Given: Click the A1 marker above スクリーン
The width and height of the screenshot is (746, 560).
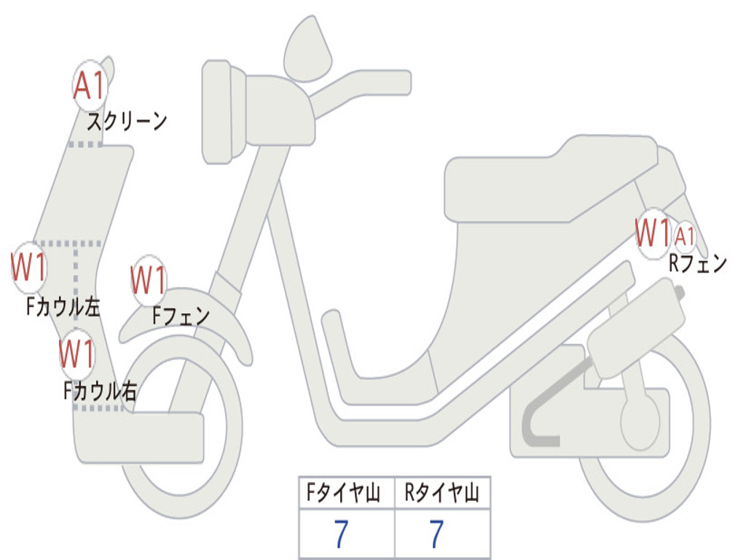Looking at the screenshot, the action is [90, 86].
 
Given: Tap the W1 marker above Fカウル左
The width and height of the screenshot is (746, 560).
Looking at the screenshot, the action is [29, 268].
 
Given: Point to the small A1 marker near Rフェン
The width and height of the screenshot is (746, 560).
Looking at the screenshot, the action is [685, 236].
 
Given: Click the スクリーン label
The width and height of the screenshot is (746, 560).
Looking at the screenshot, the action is [127, 121].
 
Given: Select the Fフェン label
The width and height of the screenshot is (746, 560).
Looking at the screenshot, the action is [181, 316].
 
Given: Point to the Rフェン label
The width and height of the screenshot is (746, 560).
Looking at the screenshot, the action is [698, 264].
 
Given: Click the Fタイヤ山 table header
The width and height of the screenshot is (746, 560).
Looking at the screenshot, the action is [346, 494].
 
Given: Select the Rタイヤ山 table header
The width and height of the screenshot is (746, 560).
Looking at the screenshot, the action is [442, 494].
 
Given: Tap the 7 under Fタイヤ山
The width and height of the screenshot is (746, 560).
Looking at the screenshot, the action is [340, 534].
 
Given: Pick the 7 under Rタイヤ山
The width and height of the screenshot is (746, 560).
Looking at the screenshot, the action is [436, 534].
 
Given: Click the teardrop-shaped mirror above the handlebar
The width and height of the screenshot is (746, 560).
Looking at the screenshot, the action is [307, 50].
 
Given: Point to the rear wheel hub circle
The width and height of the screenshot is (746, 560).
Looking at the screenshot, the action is [640, 421].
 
